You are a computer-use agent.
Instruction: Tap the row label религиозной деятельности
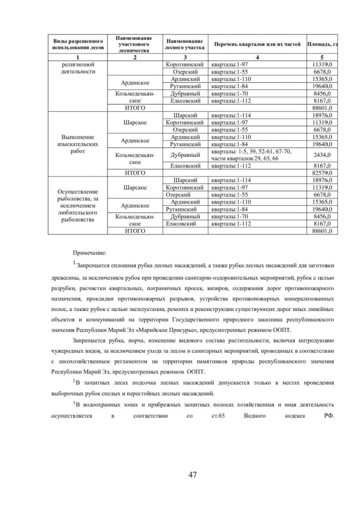click(78, 68)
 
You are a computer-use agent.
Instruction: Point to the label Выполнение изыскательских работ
click(78, 144)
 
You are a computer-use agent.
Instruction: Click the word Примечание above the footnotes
click(90, 254)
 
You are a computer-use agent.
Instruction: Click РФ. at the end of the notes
click(330, 416)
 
